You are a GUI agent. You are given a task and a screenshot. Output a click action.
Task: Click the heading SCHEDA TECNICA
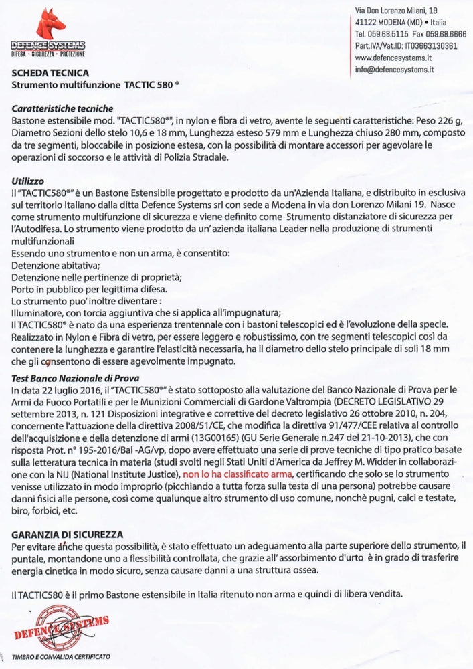pyautogui.click(x=50, y=73)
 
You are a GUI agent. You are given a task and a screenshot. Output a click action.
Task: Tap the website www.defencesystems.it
pyautogui.click(x=393, y=58)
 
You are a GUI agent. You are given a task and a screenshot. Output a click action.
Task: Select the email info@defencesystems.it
pyautogui.click(x=395, y=68)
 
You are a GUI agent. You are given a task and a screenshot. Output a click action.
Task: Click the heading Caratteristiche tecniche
pyautogui.click(x=62, y=108)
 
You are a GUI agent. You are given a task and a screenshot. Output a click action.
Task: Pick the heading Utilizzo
pyautogui.click(x=28, y=181)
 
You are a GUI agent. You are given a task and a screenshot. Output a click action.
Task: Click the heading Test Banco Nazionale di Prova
pyautogui.click(x=68, y=379)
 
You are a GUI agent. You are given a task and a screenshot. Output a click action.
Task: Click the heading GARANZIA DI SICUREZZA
pyautogui.click(x=67, y=535)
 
